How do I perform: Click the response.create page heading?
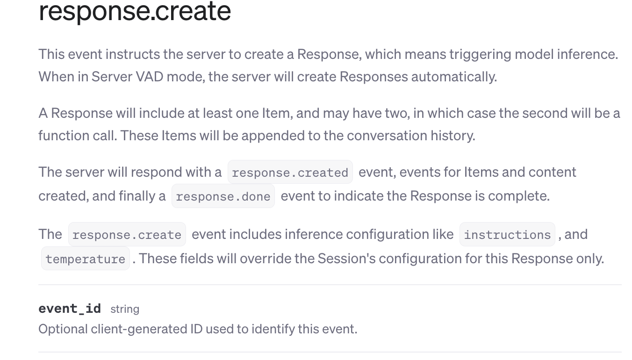click(x=135, y=11)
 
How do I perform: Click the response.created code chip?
click(x=290, y=172)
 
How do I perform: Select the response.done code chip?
click(x=223, y=196)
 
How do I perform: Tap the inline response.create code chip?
click(x=127, y=234)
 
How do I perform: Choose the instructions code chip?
click(x=507, y=234)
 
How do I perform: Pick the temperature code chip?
click(x=86, y=259)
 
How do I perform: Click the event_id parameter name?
click(x=70, y=309)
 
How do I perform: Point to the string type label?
click(x=125, y=309)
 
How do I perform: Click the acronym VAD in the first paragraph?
click(x=150, y=77)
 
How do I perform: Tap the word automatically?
click(x=454, y=77)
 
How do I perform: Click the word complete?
click(x=519, y=196)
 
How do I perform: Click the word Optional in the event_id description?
click(x=63, y=329)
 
